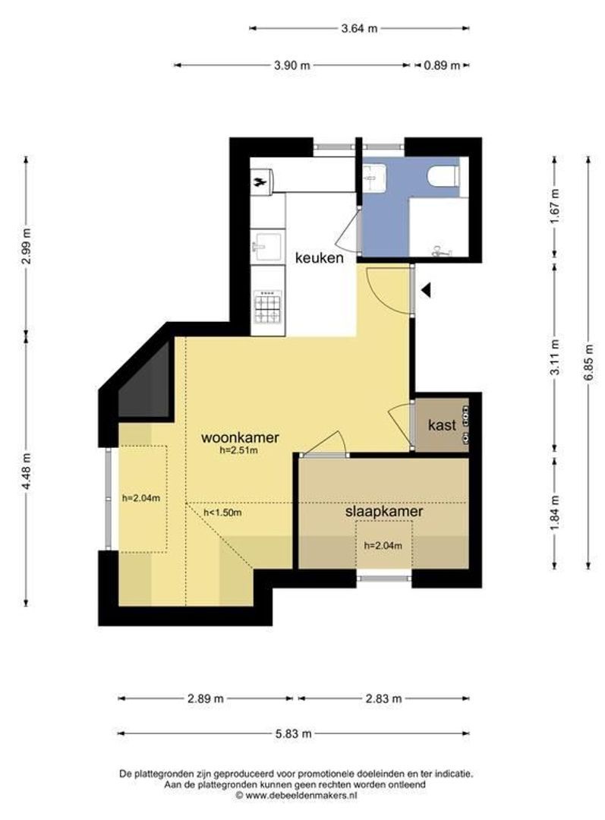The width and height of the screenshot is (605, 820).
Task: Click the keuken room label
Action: coord(320,257)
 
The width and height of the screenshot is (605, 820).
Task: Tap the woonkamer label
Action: coord(240,437)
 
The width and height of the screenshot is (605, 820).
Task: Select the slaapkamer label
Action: coord(384,512)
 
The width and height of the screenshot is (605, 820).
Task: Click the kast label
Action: coord(442,424)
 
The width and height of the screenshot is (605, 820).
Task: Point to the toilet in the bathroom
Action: coord(443,175)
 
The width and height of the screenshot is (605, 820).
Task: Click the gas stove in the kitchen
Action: coord(268,307)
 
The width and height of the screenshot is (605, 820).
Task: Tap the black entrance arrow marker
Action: coord(426,290)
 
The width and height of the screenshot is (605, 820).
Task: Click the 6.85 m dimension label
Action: coord(589,362)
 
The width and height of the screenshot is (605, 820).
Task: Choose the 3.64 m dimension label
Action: coord(359,28)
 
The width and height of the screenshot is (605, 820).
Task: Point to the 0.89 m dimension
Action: coord(442,65)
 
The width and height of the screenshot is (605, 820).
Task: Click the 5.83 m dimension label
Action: coord(293,733)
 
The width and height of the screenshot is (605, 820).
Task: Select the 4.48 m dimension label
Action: coord(27,471)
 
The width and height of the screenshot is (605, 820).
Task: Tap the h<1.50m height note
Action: coord(222,512)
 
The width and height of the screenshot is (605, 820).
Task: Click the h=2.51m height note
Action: coord(239,449)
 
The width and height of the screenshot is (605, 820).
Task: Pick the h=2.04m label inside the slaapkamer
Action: coord(383,545)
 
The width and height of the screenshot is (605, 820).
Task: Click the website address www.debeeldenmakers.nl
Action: coord(296,795)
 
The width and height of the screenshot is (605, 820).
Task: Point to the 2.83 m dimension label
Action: coord(383,699)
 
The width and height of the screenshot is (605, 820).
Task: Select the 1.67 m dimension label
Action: coord(556,206)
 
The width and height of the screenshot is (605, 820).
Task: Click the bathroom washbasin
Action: coord(374,176)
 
